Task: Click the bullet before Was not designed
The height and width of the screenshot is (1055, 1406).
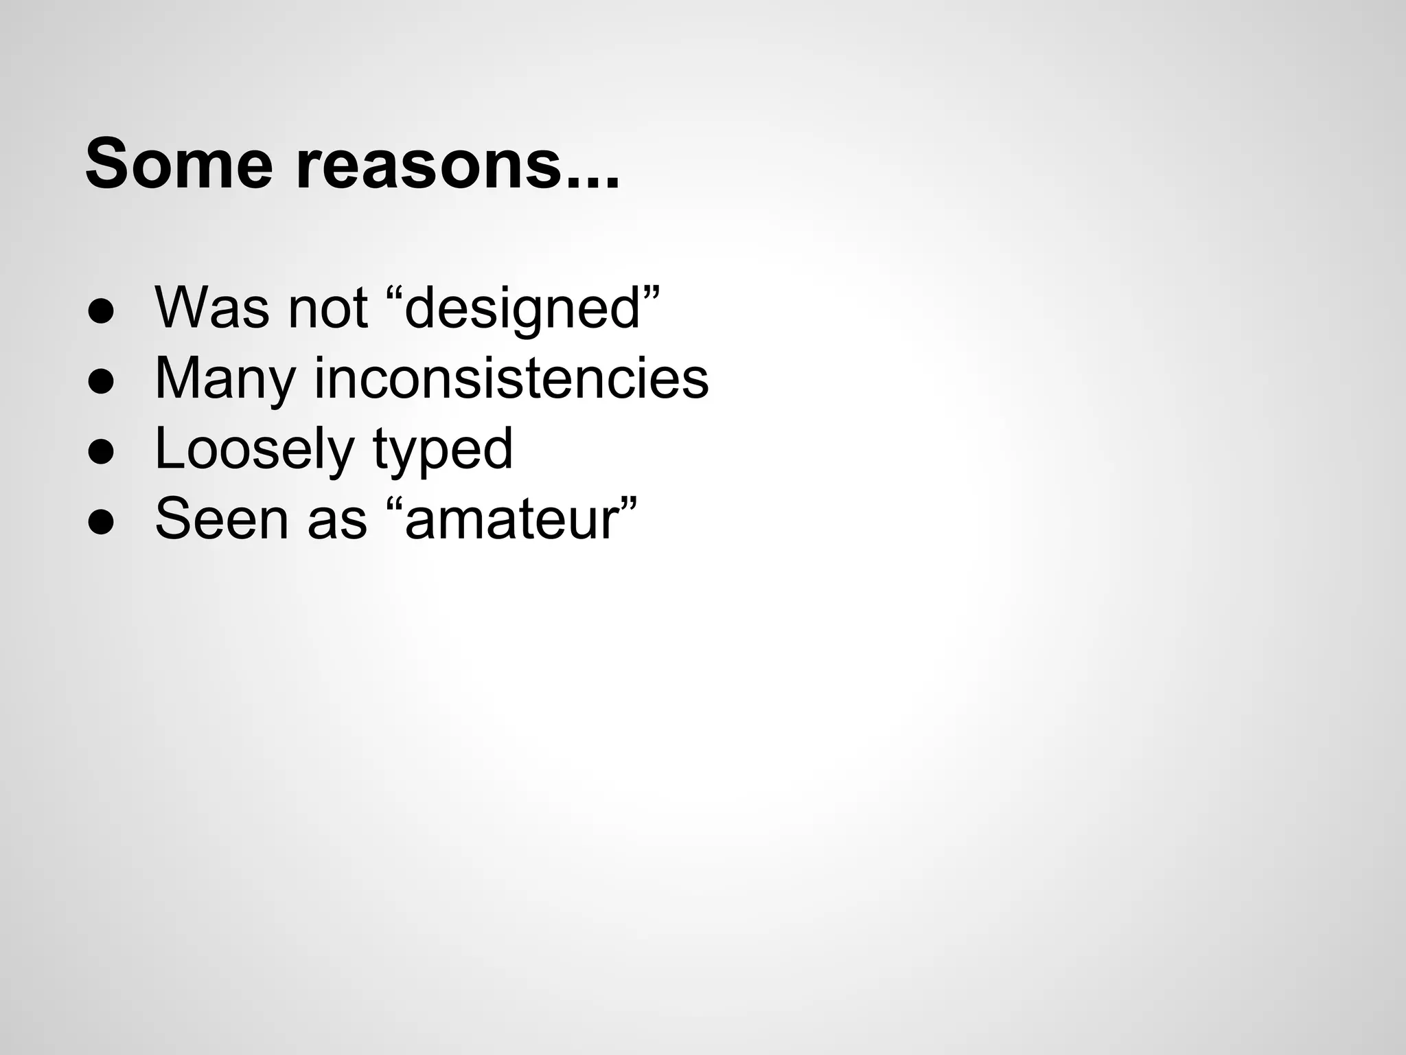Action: (100, 311)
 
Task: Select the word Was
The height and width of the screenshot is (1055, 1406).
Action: (212, 308)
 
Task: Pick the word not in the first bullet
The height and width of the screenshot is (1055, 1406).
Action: (327, 308)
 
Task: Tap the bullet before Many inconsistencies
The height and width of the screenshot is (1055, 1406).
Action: (100, 381)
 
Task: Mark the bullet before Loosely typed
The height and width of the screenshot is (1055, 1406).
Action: (100, 452)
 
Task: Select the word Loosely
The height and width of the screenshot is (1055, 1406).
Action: (253, 450)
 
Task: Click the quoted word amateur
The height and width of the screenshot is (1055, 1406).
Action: (512, 520)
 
